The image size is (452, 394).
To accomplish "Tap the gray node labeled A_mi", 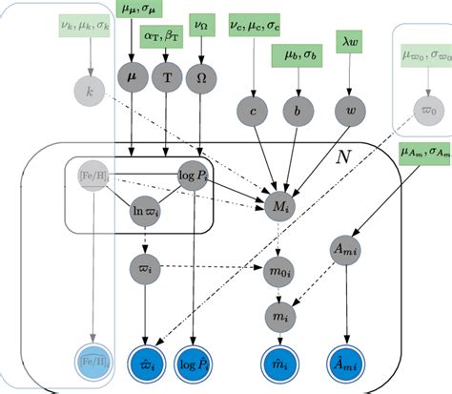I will (346, 249).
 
